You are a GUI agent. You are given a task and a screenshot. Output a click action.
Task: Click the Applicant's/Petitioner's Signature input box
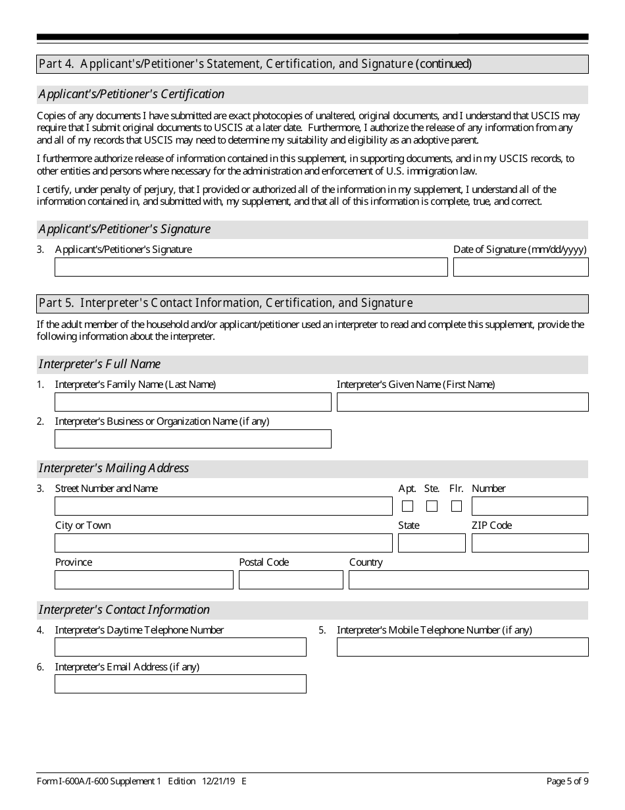pos(251,267)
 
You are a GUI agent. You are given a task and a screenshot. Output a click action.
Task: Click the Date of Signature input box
pos(520,267)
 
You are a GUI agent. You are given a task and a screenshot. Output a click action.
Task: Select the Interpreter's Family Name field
pos(193,402)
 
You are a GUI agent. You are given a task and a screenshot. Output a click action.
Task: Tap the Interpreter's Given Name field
pos(463,402)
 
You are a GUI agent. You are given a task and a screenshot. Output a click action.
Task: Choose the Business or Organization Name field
pos(193,439)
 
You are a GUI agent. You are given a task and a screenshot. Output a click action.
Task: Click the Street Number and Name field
pos(223,506)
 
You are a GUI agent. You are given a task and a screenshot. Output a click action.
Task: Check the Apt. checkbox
pos(407,506)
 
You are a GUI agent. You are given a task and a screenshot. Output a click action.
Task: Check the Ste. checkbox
pos(432,506)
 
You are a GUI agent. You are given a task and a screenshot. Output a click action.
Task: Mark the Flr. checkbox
pos(457,506)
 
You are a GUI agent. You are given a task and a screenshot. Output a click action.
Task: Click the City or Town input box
pos(223,543)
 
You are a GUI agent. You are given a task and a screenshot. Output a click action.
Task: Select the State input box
pos(432,543)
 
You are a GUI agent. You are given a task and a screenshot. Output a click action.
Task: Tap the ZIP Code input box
pos(530,543)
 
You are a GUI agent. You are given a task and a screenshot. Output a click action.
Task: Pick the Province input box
pos(144,580)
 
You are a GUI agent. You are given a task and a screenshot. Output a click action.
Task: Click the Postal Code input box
pos(291,580)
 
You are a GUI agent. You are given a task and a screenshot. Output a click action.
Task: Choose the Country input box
pos(468,580)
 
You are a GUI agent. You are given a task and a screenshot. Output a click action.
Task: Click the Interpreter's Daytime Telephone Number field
pos(180,647)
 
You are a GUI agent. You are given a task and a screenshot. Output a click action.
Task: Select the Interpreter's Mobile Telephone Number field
pos(463,647)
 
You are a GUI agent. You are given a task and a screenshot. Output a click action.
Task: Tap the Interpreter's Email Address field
pos(180,684)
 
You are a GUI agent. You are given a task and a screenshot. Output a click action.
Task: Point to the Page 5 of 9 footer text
pos(567,781)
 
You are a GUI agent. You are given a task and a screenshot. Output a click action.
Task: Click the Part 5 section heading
pos(226,303)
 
